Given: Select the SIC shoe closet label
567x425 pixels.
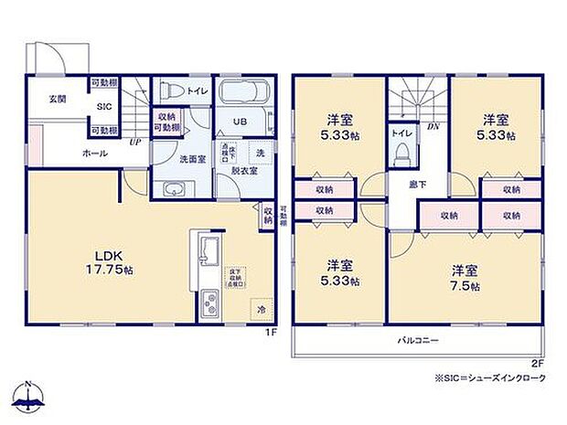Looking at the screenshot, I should point(105,106).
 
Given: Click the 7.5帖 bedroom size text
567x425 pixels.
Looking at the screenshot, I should point(465,282).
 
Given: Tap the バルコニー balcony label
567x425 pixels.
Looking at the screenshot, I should point(418,341).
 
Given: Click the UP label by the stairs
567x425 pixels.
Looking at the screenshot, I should point(134,143).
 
